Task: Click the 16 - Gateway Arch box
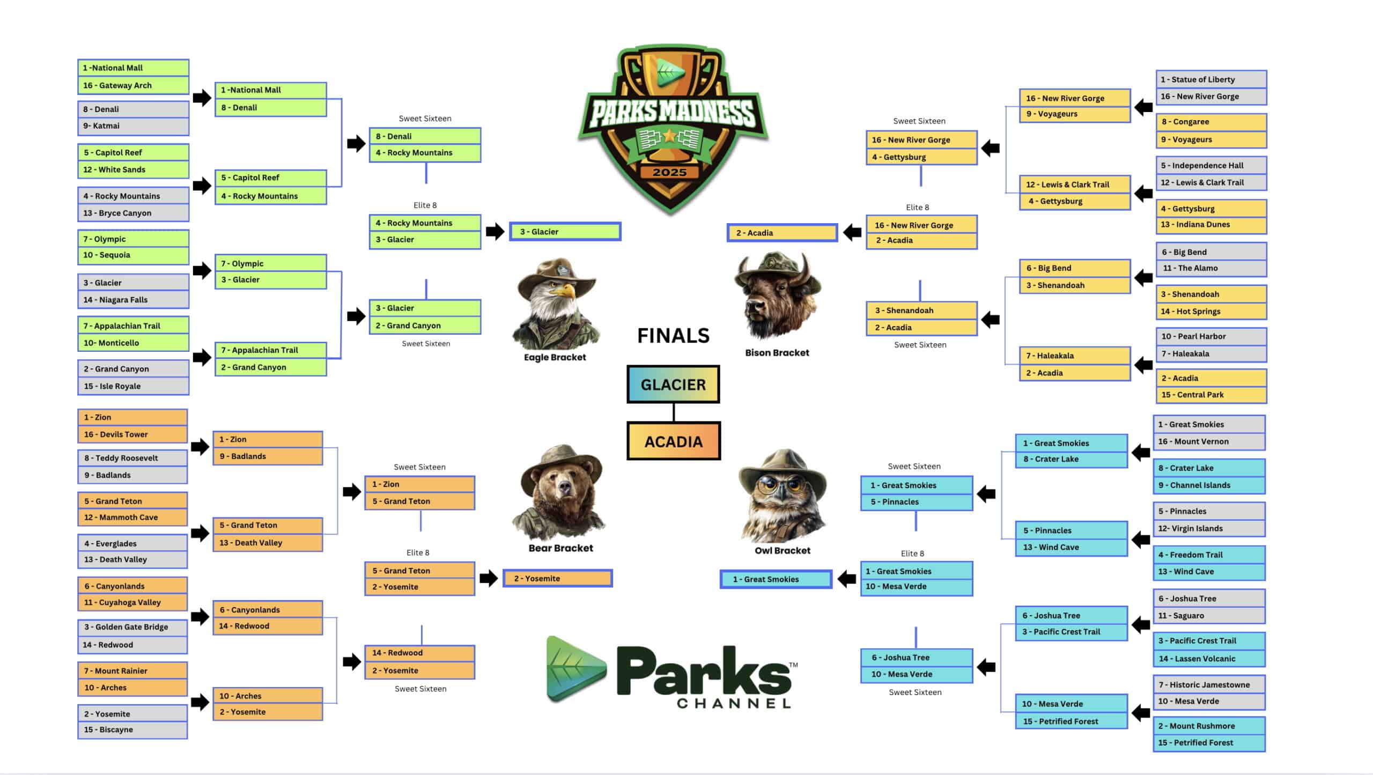(x=133, y=85)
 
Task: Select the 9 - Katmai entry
(x=133, y=126)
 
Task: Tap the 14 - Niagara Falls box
(x=133, y=300)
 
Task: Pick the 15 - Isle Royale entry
(x=133, y=386)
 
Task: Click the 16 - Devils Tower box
(x=132, y=434)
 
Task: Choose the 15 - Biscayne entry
(x=132, y=730)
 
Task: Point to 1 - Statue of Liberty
(x=1211, y=79)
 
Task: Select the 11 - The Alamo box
(x=1211, y=268)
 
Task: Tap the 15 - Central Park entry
(x=1211, y=395)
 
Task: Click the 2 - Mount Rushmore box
(x=1209, y=726)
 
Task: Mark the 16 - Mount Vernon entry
(x=1209, y=441)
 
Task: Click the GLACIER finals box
(x=673, y=385)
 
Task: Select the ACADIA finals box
(x=674, y=441)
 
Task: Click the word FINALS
(x=673, y=336)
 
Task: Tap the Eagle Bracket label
(x=555, y=357)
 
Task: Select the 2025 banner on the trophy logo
(x=669, y=172)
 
